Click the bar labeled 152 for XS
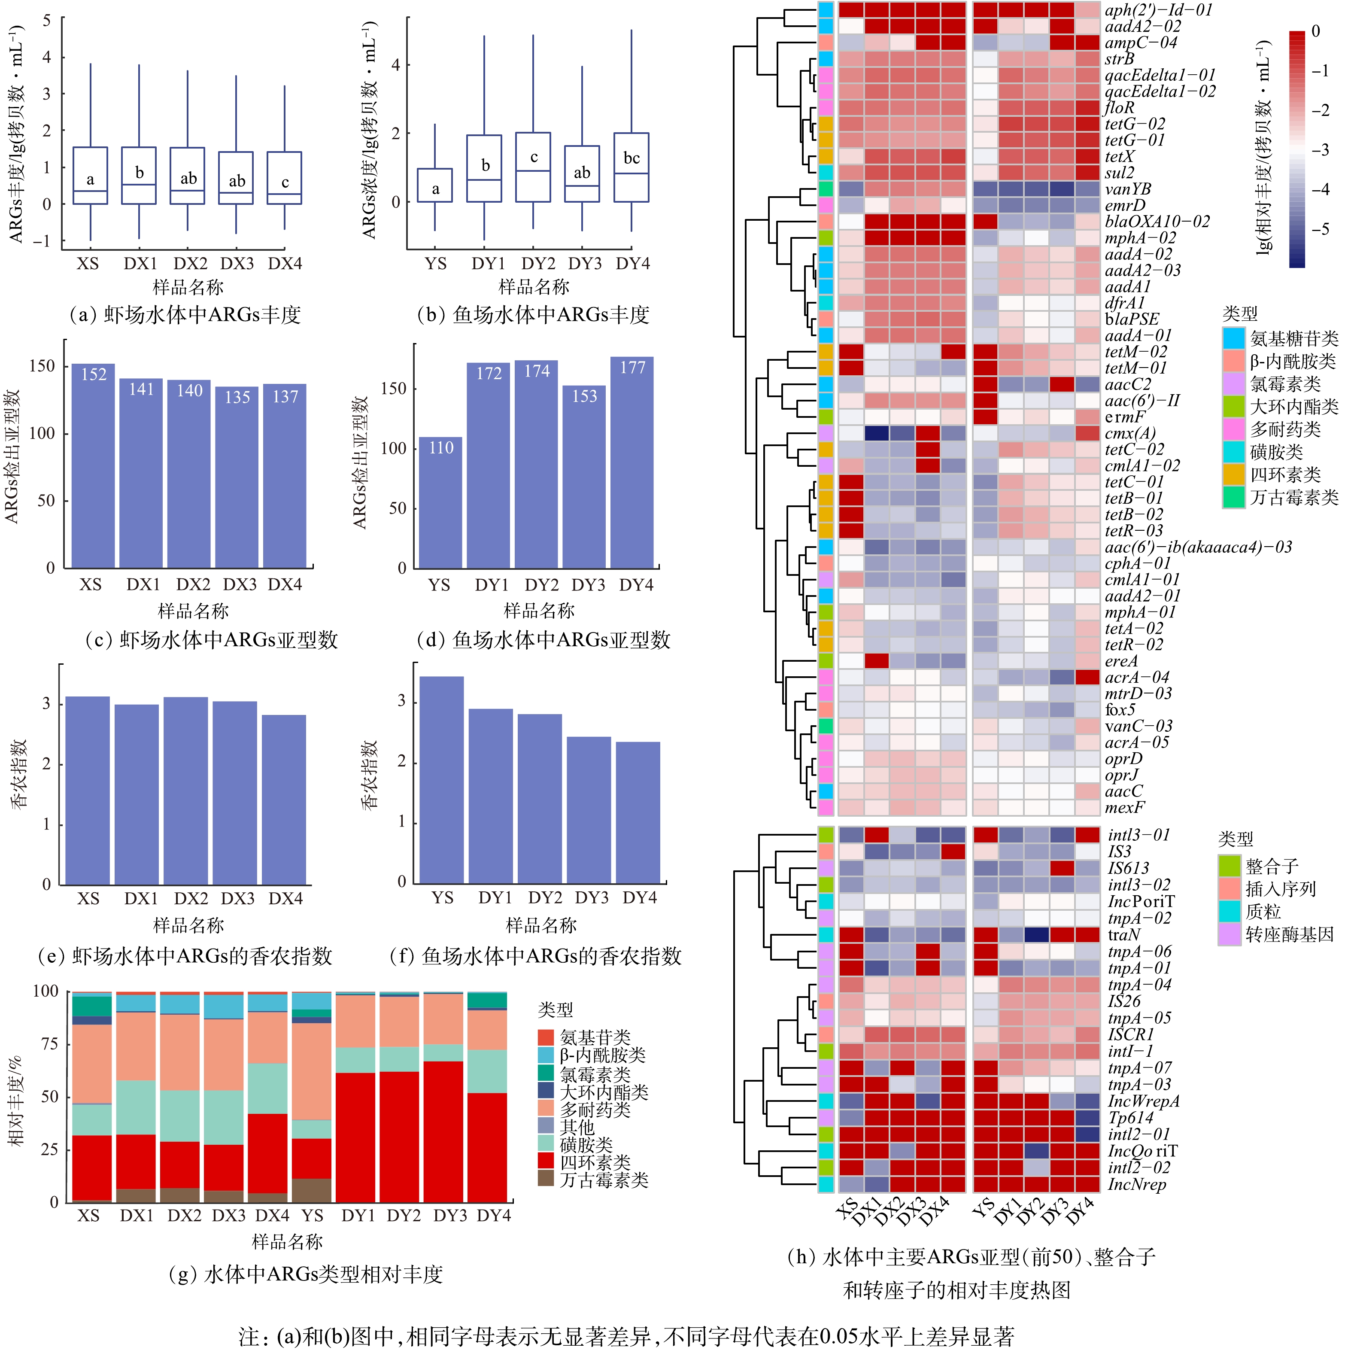93,465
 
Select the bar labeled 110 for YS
440,502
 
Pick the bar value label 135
237,397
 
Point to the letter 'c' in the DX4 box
285,182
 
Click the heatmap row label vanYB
1127,189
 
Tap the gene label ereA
1121,661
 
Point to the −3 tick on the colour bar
1320,150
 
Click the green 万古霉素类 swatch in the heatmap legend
1233,497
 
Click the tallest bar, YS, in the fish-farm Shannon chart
441,780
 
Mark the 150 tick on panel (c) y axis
42,366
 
